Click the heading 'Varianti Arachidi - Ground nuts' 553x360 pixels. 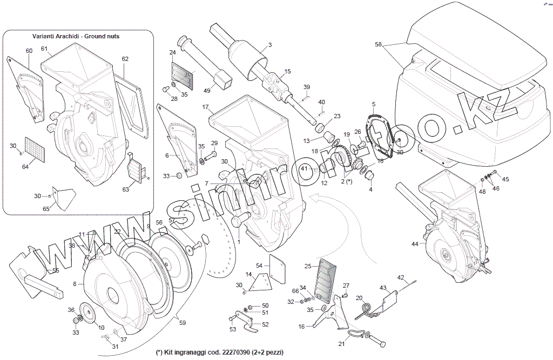[x=76, y=36]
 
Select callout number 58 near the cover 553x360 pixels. [x=378, y=44]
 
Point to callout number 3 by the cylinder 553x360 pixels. [x=269, y=44]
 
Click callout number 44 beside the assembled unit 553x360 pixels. [x=415, y=244]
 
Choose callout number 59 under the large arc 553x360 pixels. [x=182, y=323]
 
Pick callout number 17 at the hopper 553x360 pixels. [x=205, y=107]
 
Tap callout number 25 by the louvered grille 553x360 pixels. [x=308, y=267]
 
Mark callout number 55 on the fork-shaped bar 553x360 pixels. [x=56, y=270]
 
